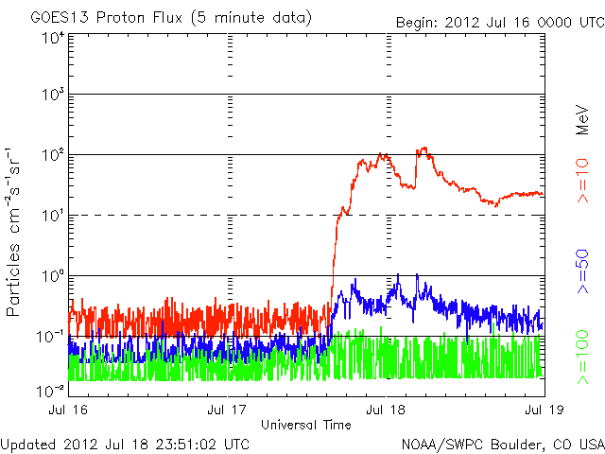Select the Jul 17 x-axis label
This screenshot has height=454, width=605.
pyautogui.click(x=228, y=410)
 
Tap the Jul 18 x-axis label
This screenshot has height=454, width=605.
pyautogui.click(x=386, y=410)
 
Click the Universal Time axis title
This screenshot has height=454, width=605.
pyautogui.click(x=306, y=424)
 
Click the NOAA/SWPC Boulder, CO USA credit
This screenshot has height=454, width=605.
pyautogui.click(x=501, y=444)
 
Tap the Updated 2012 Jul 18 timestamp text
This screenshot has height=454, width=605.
pyautogui.click(x=126, y=444)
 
